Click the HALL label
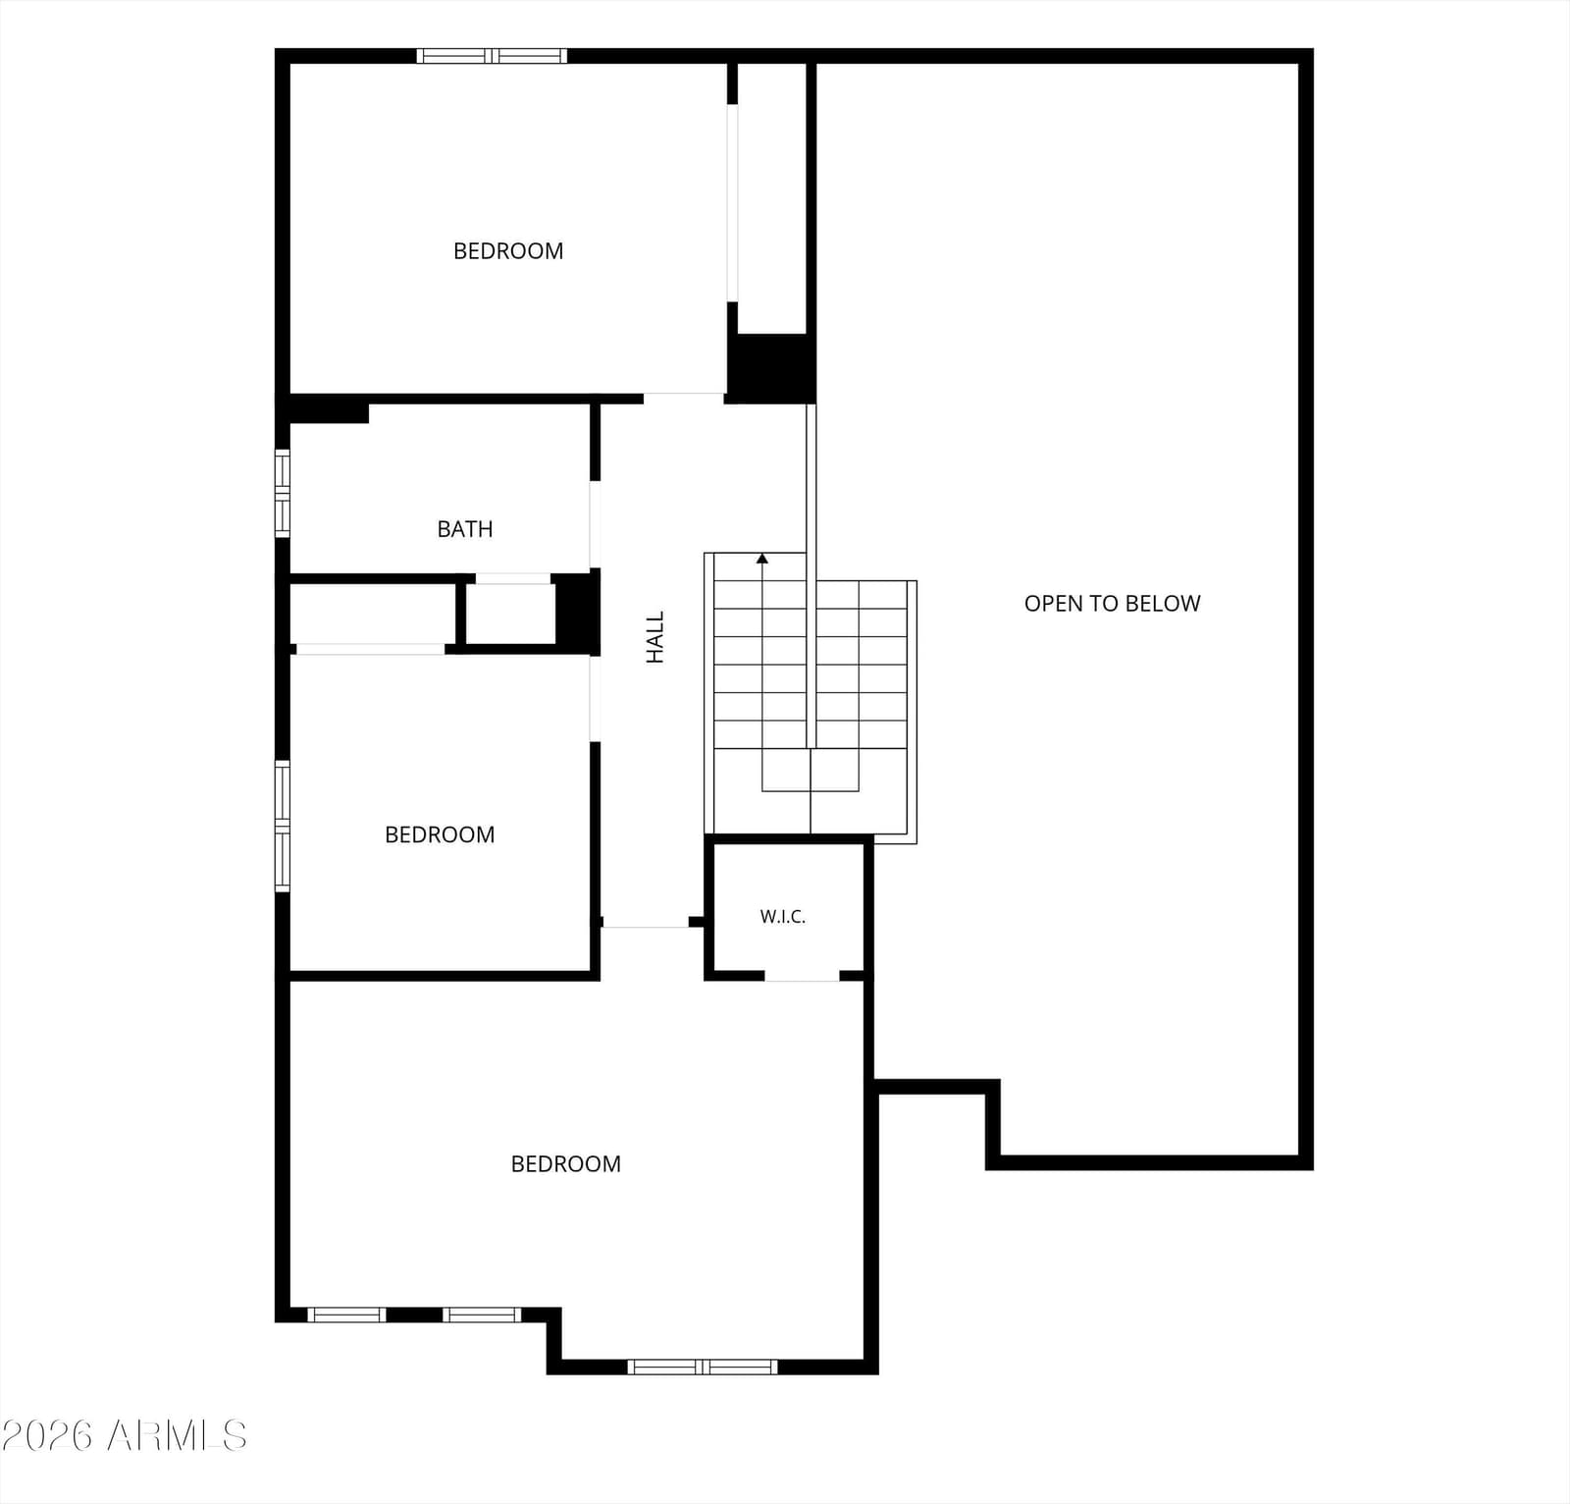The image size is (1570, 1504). [655, 637]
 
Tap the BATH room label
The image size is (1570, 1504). [465, 529]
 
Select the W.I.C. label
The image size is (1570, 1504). [783, 917]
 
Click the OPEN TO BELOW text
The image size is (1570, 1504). [1113, 604]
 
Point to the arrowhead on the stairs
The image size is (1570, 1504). [762, 559]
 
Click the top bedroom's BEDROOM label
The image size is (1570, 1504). [508, 251]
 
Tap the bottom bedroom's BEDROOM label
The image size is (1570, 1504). [566, 1164]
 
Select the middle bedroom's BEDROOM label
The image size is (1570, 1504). [440, 835]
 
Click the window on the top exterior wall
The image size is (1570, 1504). [492, 56]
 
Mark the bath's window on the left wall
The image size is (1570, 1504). [283, 493]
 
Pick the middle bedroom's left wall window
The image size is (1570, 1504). [283, 826]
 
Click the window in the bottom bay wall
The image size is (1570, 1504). [703, 1367]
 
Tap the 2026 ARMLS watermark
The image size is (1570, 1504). [124, 1436]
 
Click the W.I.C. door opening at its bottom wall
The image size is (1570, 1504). [802, 976]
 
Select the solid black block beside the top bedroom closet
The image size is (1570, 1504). [771, 368]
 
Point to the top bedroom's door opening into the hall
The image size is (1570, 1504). [684, 398]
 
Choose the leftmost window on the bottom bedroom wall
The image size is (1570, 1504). [346, 1315]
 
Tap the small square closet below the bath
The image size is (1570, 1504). [510, 615]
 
